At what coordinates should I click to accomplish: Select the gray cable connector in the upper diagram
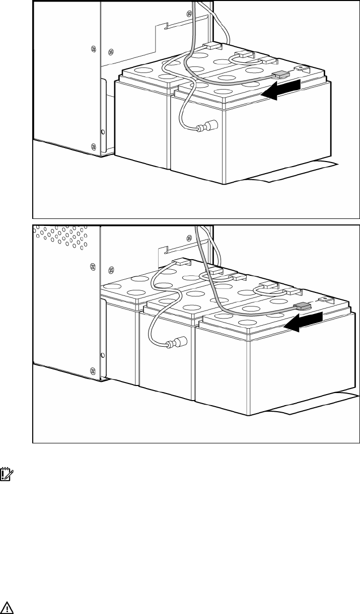tap(280, 74)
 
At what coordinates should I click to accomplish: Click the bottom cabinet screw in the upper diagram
tap(93, 146)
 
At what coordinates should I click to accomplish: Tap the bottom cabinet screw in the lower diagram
tap(93, 371)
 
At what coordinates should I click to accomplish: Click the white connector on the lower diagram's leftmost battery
tap(182, 262)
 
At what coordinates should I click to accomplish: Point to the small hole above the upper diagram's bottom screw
tap(104, 132)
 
